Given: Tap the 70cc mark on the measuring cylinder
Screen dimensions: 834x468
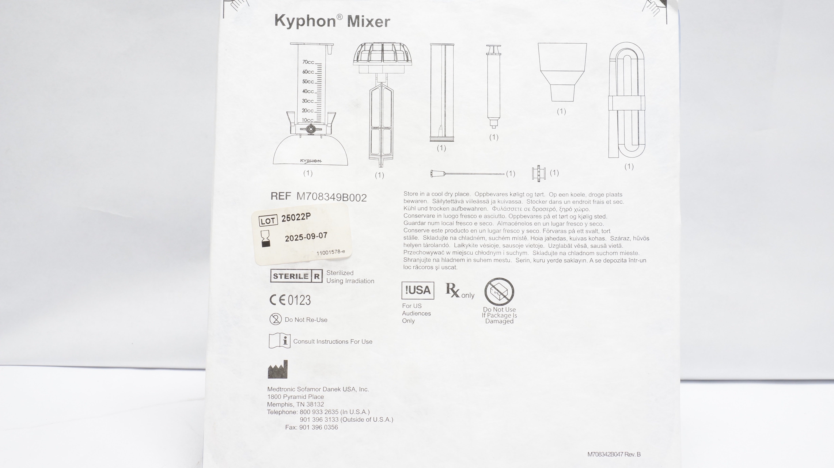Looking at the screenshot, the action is click(x=308, y=62).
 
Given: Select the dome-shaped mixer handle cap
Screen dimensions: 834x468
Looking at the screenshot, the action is click(x=382, y=58).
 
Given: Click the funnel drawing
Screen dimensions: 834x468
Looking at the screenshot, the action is click(x=562, y=72).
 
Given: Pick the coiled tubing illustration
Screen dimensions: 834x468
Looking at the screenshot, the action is click(x=627, y=100).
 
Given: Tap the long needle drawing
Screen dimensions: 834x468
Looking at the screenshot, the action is click(x=467, y=174).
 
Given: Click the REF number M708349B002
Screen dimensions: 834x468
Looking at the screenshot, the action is click(x=332, y=197).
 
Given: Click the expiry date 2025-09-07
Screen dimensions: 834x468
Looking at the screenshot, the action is click(x=306, y=237).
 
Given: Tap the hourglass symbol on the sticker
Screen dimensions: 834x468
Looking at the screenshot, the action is click(x=266, y=239).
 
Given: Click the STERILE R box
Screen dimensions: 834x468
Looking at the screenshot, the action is click(x=296, y=276).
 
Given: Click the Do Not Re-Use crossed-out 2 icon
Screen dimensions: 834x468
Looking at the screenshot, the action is click(x=276, y=319).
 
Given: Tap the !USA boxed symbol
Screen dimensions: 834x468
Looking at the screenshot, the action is click(x=418, y=290).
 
